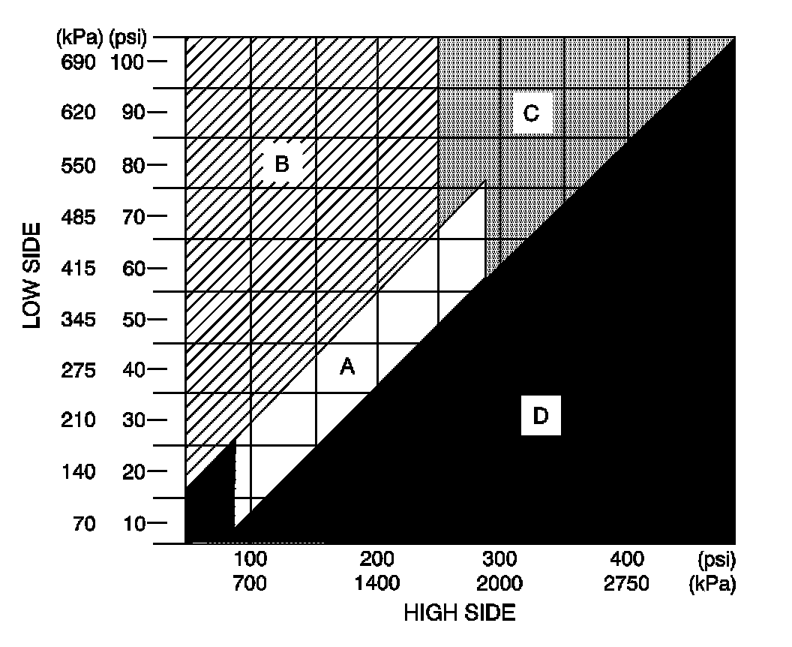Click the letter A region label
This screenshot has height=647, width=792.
tap(346, 366)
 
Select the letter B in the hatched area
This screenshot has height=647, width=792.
tap(282, 164)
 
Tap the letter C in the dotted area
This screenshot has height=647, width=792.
tap(531, 114)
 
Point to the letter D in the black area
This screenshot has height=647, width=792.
tap(541, 416)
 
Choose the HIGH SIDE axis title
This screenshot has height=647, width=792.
tap(459, 613)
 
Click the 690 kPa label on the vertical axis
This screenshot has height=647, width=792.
tap(79, 62)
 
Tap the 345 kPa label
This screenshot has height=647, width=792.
tap(79, 320)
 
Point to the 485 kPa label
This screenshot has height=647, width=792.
tap(79, 218)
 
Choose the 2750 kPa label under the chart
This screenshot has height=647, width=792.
tap(626, 583)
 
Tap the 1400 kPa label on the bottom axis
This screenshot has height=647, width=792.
tap(377, 583)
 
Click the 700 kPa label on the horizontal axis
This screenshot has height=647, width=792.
tap(250, 583)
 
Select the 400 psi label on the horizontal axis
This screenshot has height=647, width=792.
tap(626, 560)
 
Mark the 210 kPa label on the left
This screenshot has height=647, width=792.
tap(79, 420)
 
